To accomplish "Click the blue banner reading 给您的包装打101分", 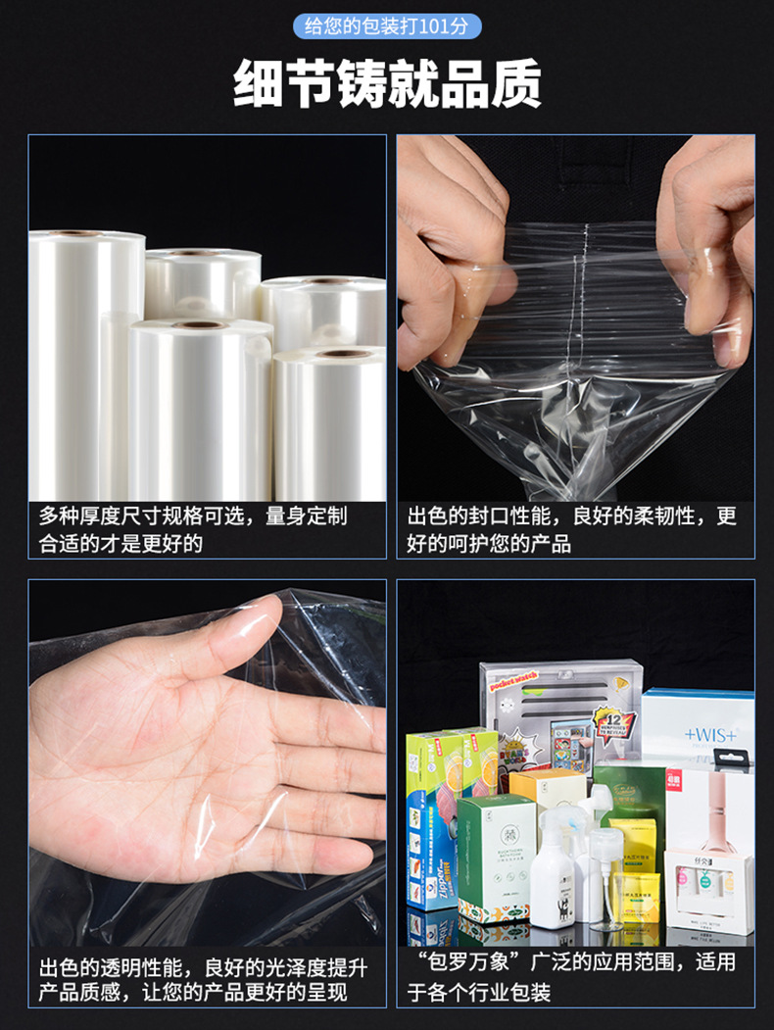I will tap(387, 25).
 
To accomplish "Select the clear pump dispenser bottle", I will tap(605, 877).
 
